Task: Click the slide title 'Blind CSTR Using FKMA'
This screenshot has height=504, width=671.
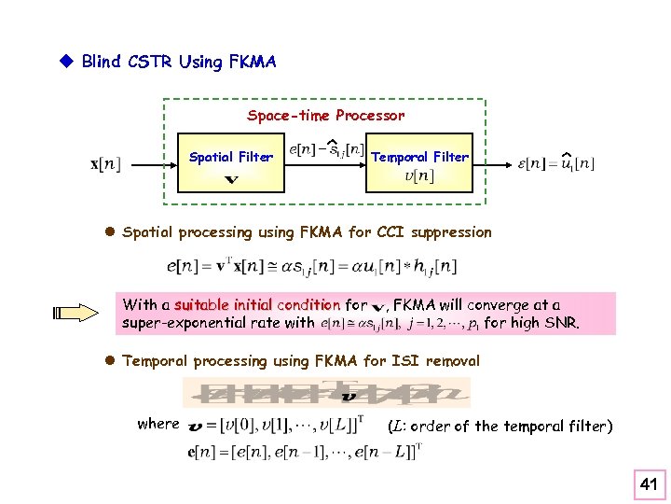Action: (179, 63)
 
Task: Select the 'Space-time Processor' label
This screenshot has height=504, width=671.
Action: (325, 116)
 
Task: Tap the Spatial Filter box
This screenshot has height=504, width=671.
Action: (230, 165)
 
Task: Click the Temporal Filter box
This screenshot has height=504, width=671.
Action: (419, 165)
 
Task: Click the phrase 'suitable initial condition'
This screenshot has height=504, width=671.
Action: (256, 304)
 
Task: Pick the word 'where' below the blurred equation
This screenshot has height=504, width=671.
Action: (157, 424)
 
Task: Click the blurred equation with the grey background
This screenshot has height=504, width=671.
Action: (326, 392)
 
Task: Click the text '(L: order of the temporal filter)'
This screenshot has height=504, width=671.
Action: (500, 426)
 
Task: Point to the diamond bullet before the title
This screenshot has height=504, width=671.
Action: (66, 62)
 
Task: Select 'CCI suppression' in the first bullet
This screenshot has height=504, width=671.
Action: (438, 232)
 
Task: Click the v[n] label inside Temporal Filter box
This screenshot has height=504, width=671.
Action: (419, 176)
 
